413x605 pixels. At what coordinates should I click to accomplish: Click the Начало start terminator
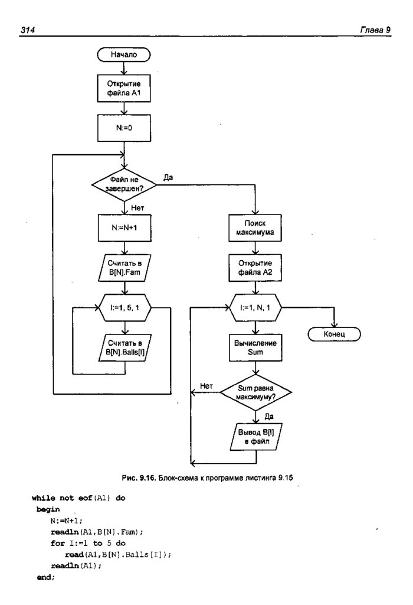click(124, 55)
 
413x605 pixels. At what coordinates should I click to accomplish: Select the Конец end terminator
click(334, 334)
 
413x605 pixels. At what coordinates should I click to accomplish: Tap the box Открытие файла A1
click(124, 89)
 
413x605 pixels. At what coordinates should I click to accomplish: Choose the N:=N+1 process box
click(124, 226)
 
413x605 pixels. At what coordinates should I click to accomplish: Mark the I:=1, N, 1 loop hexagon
click(256, 308)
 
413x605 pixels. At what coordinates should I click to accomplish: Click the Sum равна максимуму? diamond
click(256, 392)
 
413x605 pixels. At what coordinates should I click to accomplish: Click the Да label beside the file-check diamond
click(168, 178)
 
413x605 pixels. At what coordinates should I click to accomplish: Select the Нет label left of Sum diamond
click(206, 386)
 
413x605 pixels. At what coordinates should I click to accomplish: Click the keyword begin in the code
click(48, 509)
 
